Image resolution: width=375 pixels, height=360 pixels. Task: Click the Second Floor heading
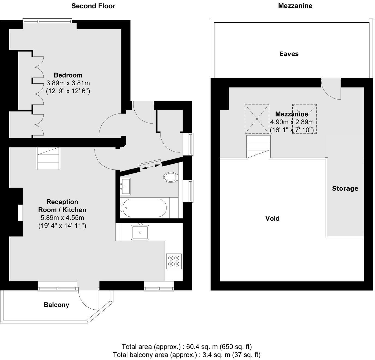click(x=93, y=6)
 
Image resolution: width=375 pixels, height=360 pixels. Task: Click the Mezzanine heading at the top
click(x=295, y=6)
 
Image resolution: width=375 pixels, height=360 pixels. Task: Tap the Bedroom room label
click(x=68, y=75)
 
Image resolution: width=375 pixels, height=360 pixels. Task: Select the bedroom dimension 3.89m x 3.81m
click(x=68, y=83)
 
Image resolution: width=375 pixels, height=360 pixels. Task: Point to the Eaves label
click(x=289, y=54)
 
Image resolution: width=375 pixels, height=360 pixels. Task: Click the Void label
click(x=272, y=218)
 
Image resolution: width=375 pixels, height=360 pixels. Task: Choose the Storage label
click(x=345, y=188)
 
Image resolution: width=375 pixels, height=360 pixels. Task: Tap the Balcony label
click(x=56, y=305)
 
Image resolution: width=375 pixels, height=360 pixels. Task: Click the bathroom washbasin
click(x=126, y=186)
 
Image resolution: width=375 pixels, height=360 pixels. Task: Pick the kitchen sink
click(x=140, y=232)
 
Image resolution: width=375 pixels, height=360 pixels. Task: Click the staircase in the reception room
click(x=48, y=158)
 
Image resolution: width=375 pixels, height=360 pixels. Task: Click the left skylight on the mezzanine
click(x=257, y=119)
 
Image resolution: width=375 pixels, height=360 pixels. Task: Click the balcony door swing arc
click(x=87, y=300)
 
